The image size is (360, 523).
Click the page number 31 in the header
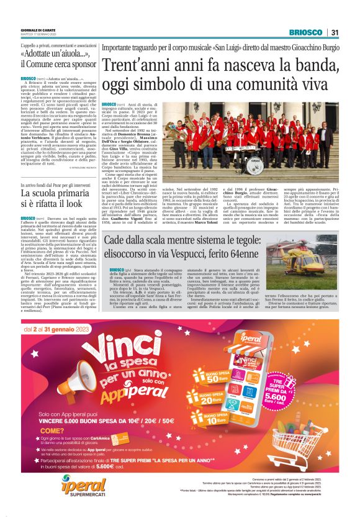[x=335, y=32]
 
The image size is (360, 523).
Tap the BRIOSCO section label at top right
[x=306, y=32]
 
